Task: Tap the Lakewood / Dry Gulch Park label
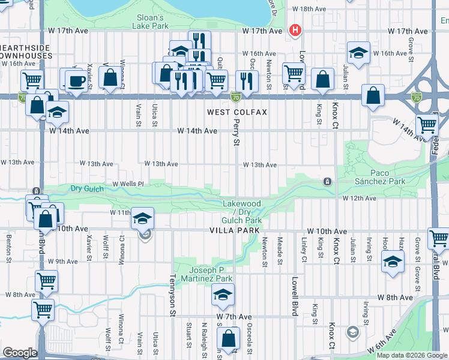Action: click(242, 212)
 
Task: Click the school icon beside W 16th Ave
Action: click(358, 53)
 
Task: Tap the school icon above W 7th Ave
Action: click(221, 294)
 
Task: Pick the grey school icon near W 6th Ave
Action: click(353, 332)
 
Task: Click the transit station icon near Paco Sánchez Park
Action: click(327, 181)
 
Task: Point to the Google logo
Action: click(20, 353)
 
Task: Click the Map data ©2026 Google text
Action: click(411, 355)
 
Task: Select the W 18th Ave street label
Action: click(308, 9)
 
